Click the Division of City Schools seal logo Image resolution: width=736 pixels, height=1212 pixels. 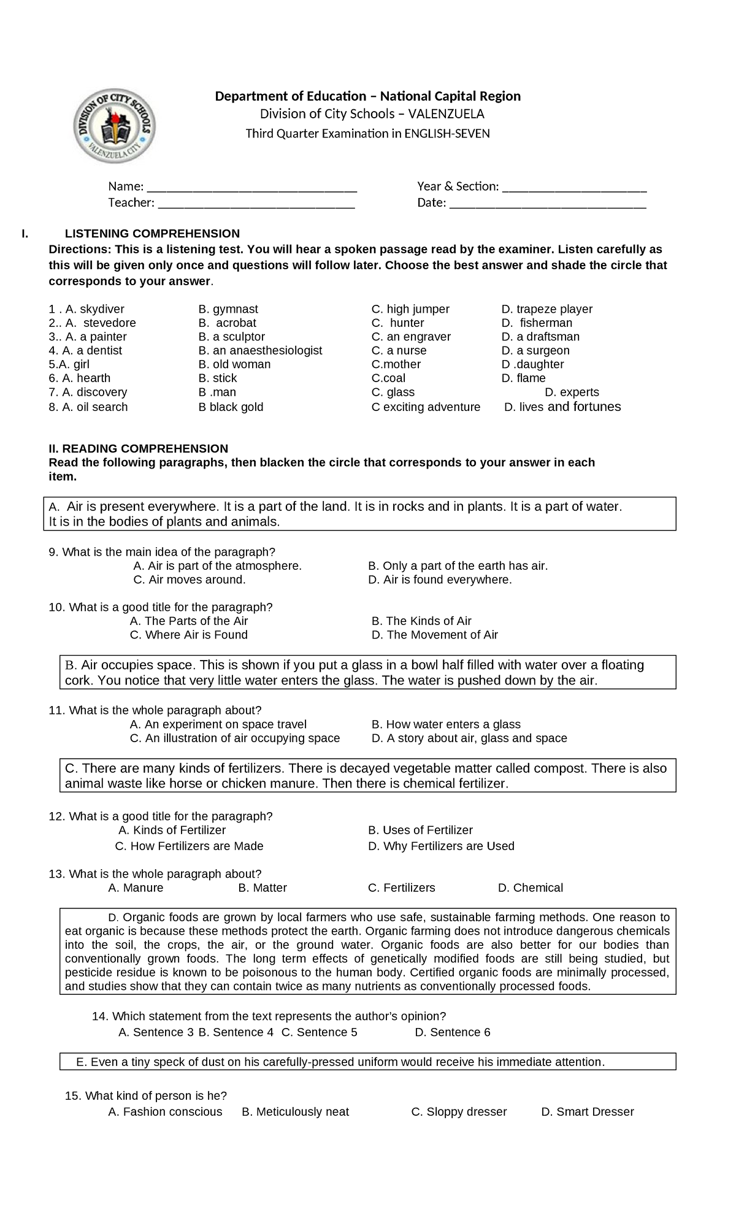pos(114,126)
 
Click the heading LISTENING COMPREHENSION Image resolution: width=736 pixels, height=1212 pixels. pos(152,234)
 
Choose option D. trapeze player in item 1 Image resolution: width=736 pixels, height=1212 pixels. pos(547,309)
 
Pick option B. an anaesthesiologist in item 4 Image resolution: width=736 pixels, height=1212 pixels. pos(260,350)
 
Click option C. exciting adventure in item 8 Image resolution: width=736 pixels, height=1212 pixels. pos(426,407)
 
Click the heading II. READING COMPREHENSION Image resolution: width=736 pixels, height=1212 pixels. pos(138,448)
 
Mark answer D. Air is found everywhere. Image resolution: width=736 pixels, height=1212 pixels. pos(440,580)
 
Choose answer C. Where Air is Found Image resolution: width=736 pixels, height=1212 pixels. pos(188,635)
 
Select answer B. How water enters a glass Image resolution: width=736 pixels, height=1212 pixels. pos(446,724)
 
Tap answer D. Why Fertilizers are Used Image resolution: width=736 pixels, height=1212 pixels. pos(441,846)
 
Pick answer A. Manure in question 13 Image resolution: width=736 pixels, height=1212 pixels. pos(136,888)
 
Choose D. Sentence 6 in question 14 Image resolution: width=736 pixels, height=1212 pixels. pos(453,1032)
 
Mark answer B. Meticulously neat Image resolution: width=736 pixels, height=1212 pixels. pos(295,1111)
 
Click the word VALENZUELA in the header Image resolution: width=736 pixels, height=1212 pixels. pos(446,114)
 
